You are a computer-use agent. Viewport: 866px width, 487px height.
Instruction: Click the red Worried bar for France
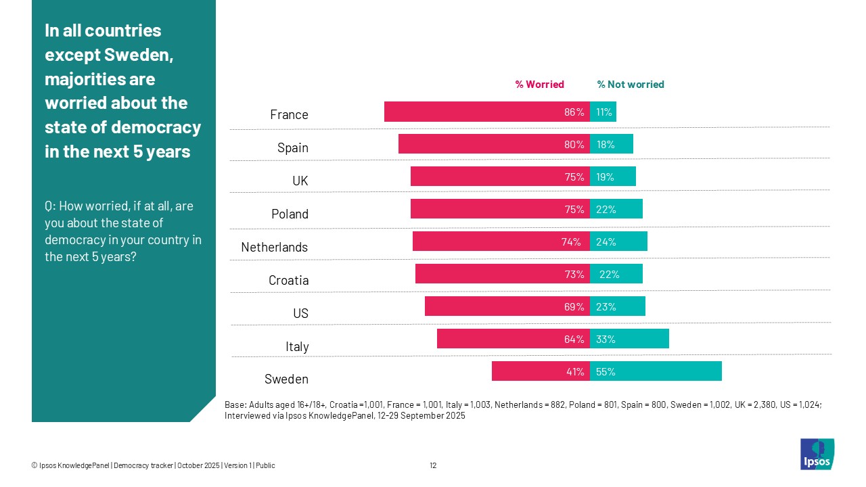[x=474, y=112]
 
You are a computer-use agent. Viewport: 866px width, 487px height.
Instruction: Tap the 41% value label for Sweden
[x=574, y=372]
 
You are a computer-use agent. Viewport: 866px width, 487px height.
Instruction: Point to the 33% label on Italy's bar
[x=606, y=340]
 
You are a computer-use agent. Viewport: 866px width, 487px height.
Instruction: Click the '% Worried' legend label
[x=539, y=85]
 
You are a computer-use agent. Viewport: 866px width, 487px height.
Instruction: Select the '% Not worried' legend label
[x=630, y=85]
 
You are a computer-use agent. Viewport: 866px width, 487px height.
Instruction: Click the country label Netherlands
[x=274, y=247]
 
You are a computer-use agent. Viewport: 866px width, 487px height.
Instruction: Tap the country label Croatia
[x=288, y=280]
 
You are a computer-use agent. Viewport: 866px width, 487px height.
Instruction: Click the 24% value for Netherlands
[x=606, y=242]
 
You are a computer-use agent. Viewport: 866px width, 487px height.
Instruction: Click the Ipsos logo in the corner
[x=817, y=454]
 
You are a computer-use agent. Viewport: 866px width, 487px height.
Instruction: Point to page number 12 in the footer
[x=433, y=465]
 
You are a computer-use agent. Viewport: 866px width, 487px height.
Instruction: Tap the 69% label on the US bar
[x=574, y=307]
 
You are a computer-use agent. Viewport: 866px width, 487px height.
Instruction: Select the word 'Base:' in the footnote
[x=235, y=404]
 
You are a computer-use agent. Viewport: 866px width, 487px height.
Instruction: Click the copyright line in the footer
[x=153, y=465]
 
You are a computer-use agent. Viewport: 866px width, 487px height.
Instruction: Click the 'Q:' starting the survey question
[x=51, y=206]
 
